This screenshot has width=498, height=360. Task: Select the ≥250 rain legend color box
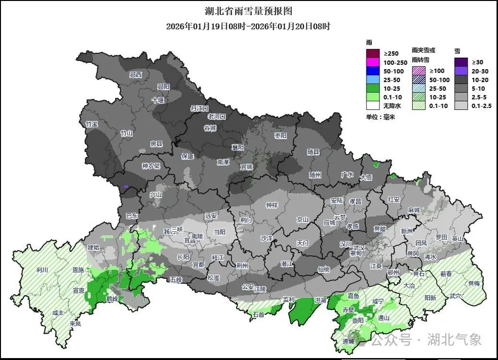pos(373,53)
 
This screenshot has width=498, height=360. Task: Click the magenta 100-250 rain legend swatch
pos(373,62)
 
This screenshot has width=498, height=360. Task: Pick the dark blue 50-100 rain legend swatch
pos(373,71)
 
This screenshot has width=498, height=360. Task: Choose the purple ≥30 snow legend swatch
pos(462,62)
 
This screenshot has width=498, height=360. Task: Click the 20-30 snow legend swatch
pos(462,71)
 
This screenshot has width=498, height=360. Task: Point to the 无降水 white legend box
pos(373,106)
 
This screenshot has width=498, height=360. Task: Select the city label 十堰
pos(158,100)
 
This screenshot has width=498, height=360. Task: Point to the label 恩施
pos(78,271)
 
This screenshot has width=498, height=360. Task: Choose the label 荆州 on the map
pos(242,265)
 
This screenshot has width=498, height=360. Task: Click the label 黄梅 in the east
pos(474,283)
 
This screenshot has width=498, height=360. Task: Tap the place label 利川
pos(42,270)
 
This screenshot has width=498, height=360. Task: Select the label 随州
pos(315,175)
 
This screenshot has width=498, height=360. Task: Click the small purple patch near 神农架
pos(126,186)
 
